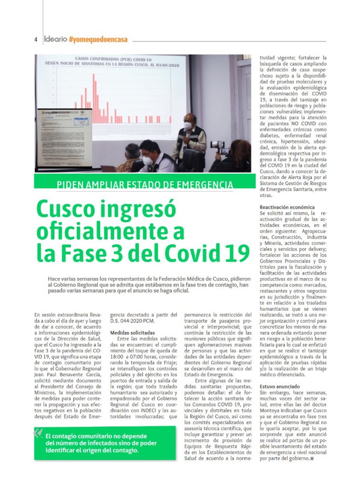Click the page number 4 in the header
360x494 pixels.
click(36, 39)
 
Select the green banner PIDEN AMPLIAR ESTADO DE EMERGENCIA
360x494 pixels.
click(145, 184)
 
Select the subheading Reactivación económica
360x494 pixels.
click(287, 207)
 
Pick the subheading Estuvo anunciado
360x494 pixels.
click(279, 386)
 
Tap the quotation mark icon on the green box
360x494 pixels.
click(38, 433)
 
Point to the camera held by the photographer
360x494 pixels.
click(218, 144)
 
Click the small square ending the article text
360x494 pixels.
click(313, 458)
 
